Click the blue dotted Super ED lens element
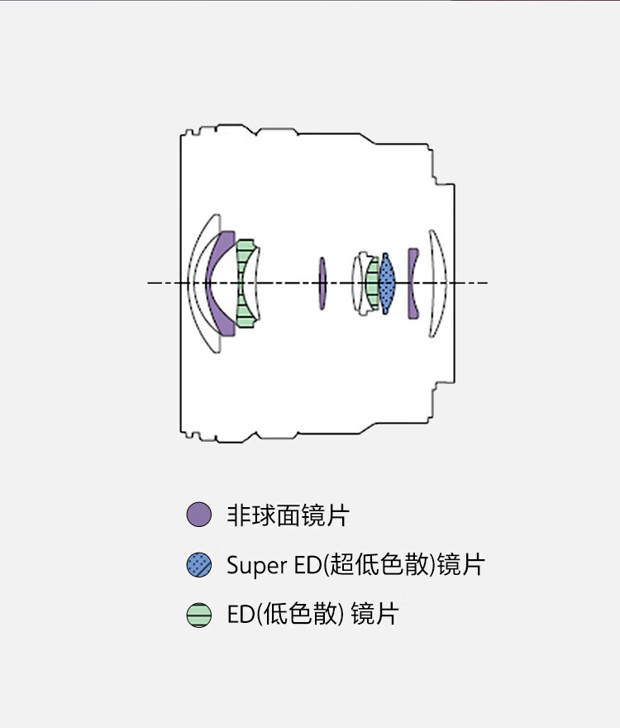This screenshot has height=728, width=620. tap(387, 283)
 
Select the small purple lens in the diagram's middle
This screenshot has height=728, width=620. tap(322, 283)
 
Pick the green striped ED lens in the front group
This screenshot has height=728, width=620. tap(245, 283)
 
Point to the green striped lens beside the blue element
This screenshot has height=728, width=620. tap(373, 283)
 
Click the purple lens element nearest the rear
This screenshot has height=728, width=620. tap(413, 283)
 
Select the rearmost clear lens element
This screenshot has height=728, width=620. tap(439, 283)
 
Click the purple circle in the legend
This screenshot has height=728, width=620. tap(199, 515)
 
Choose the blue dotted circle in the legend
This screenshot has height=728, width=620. tap(199, 565)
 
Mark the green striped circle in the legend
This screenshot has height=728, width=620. tap(199, 615)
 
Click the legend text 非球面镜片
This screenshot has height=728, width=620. tap(288, 515)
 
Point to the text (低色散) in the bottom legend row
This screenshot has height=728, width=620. tap(301, 615)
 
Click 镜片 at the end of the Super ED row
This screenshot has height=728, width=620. tap(461, 566)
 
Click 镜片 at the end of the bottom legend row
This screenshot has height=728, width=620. tap(374, 615)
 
